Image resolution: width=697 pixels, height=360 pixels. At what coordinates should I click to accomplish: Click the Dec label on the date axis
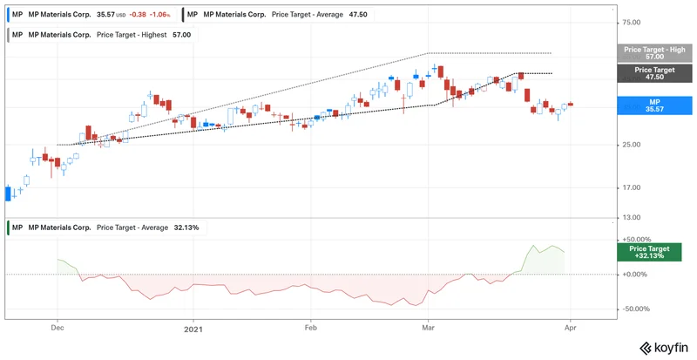pos(58,329)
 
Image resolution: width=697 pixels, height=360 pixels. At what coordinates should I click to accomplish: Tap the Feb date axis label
pos(310,329)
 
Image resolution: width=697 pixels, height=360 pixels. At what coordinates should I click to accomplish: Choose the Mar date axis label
pos(428,329)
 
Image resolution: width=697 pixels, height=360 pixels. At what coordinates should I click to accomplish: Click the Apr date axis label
pos(570,329)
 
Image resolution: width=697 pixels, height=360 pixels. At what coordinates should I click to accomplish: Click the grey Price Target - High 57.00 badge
pos(654,53)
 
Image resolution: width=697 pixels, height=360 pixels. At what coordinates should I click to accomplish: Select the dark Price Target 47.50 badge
pos(654,73)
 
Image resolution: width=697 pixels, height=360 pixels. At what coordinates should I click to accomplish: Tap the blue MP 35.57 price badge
pos(654,105)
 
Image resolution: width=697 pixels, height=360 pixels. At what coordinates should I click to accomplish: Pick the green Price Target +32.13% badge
pos(654,252)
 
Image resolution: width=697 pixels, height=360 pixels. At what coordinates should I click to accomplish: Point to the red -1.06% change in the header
pos(159,14)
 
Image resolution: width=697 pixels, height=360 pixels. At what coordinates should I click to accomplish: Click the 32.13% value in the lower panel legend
pos(186,228)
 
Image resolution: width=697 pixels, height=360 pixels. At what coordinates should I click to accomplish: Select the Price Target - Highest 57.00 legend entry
pos(101,35)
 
